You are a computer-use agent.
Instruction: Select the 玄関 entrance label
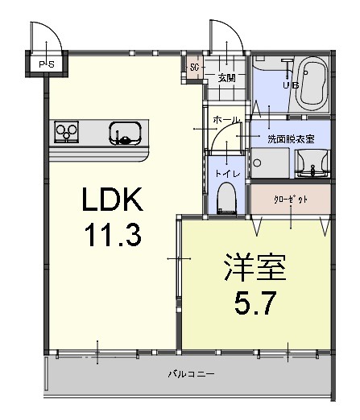[226, 78]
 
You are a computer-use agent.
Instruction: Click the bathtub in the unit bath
[312, 85]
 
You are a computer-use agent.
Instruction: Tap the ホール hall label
[226, 120]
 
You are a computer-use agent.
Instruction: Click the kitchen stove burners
[66, 132]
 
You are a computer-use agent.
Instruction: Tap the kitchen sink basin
[126, 132]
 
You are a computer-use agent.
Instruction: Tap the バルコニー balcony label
[191, 373]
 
